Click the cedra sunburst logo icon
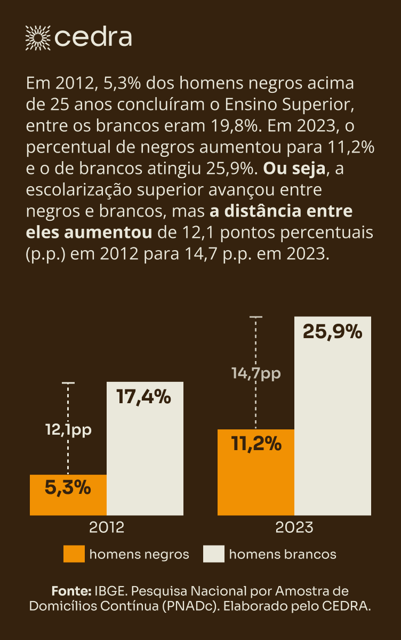[38, 37]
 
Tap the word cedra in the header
[93, 37]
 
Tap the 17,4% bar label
[143, 397]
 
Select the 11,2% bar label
[256, 443]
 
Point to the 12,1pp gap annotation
[68, 430]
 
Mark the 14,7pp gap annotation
[256, 373]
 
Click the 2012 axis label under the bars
[107, 527]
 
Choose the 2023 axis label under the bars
[294, 527]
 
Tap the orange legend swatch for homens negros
[74, 554]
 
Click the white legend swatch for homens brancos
[213, 554]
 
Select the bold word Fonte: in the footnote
[71, 591]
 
